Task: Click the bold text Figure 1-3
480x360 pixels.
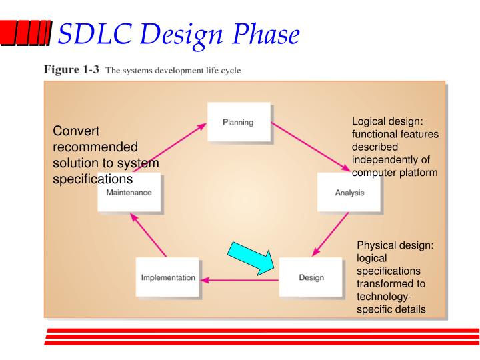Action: click(69, 69)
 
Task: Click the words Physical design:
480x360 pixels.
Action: click(395, 247)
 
